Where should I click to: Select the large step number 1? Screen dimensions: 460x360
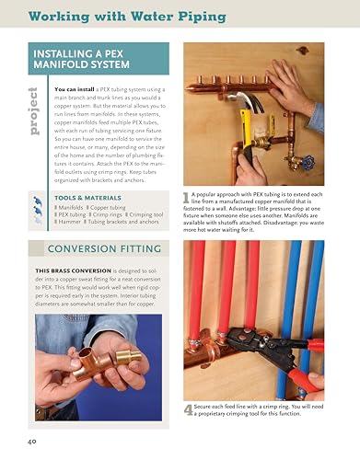coord(187,197)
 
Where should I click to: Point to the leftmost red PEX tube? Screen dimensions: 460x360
coord(199,294)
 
